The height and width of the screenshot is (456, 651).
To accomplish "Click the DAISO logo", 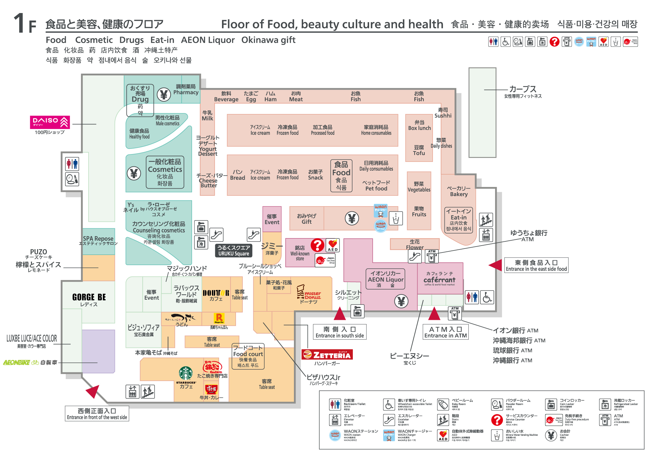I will [x=50, y=122].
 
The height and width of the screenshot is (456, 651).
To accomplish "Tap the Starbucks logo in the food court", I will [x=186, y=374].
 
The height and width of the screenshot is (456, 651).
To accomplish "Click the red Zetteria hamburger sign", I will [x=327, y=354].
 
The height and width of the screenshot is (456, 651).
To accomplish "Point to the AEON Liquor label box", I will [x=385, y=279].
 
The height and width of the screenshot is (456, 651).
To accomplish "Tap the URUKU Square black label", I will [x=234, y=250].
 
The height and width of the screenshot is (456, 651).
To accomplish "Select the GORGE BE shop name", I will [x=89, y=297].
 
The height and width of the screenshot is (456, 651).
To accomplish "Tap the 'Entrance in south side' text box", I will [x=339, y=332].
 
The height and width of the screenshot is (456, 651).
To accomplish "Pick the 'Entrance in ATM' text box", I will [x=445, y=332].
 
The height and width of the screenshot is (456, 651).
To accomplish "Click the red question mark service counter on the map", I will [x=317, y=245].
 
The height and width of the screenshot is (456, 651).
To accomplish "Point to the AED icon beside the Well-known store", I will [x=333, y=245].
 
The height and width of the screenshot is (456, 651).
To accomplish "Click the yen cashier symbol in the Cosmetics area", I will [x=134, y=173].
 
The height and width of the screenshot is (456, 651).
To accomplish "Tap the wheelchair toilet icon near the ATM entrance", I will [x=487, y=297].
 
